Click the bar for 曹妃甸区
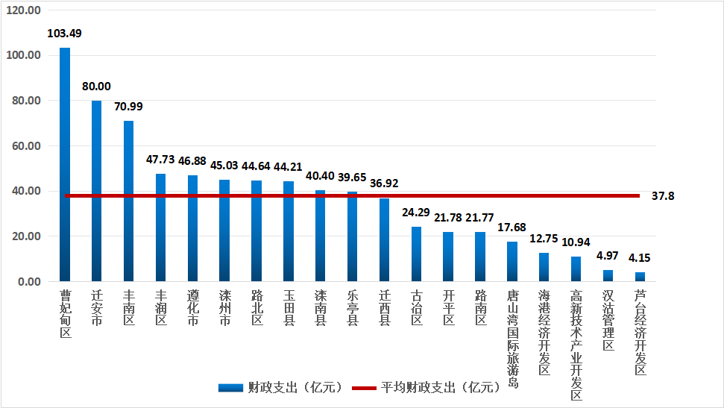point(65,164)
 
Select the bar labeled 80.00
point(97,191)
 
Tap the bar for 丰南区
point(128,201)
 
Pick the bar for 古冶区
point(416,254)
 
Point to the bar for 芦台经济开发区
point(640,277)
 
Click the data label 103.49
point(64,34)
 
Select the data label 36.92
point(384,183)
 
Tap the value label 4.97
point(608,256)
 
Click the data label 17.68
point(512,227)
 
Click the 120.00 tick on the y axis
point(24,10)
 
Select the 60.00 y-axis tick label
point(24,146)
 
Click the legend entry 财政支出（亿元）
point(280,388)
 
